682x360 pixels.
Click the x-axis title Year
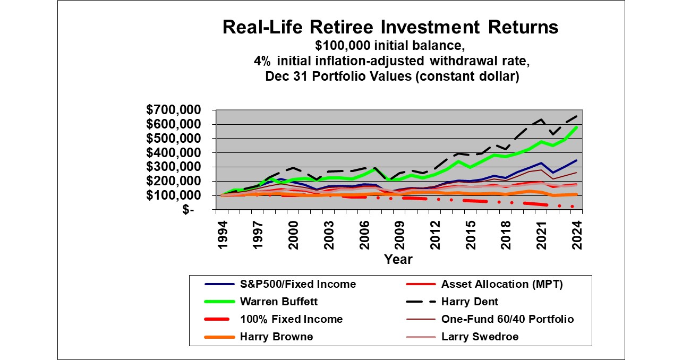398,260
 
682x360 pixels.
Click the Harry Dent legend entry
470,302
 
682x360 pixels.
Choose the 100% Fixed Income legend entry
291,319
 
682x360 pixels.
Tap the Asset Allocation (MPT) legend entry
501,284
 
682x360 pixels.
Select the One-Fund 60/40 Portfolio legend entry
507,319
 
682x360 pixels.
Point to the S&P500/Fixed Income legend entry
297,284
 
